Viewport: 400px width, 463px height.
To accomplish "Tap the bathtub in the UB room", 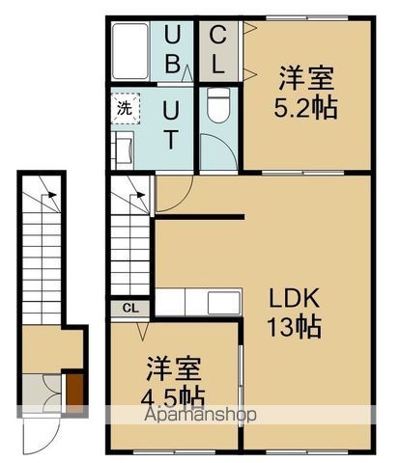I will pos(129,54).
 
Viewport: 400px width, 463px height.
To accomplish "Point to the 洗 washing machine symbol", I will pos(124,107).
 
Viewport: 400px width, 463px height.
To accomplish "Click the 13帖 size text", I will pos(294,326).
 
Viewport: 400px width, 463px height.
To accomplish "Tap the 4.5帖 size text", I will pos(176,396).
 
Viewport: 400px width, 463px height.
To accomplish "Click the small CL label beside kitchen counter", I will pos(129,308).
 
